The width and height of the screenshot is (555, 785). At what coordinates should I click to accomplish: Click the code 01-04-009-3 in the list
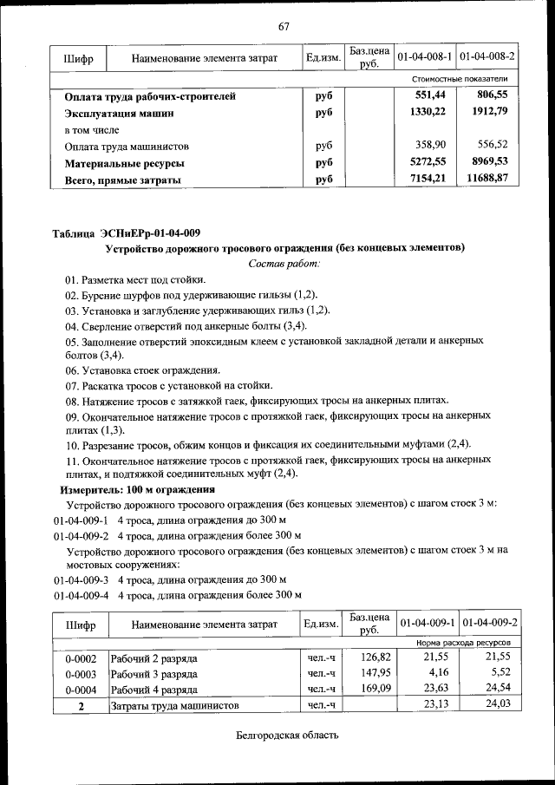(x=81, y=579)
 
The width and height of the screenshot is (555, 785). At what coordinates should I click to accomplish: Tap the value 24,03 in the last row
(x=494, y=706)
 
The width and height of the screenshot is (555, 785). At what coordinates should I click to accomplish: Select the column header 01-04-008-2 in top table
(x=487, y=56)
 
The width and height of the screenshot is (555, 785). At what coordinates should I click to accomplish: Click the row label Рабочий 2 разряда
(x=153, y=657)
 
